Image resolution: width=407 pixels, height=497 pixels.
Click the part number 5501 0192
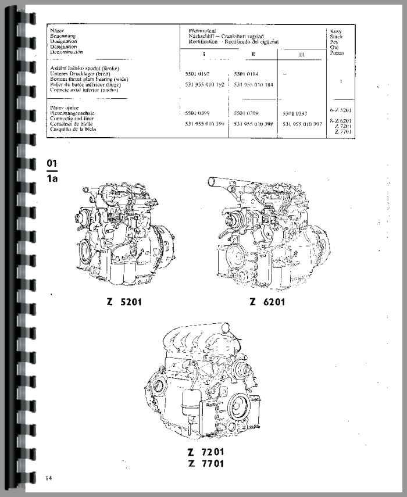point(195,74)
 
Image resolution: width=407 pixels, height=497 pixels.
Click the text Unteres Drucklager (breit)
point(81,74)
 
